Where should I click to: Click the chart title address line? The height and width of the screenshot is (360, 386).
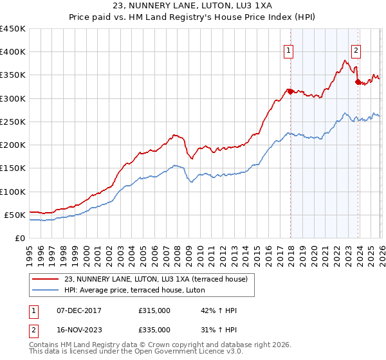(x=193, y=6)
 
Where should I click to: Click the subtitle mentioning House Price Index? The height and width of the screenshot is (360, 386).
(x=193, y=17)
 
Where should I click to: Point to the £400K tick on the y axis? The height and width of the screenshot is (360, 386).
(x=13, y=52)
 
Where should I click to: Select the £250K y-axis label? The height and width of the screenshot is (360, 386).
(x=13, y=122)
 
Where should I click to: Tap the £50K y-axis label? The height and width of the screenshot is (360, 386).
(x=15, y=215)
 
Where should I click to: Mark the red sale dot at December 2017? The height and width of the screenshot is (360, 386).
(x=290, y=91)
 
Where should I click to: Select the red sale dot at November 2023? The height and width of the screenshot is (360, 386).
(x=358, y=82)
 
